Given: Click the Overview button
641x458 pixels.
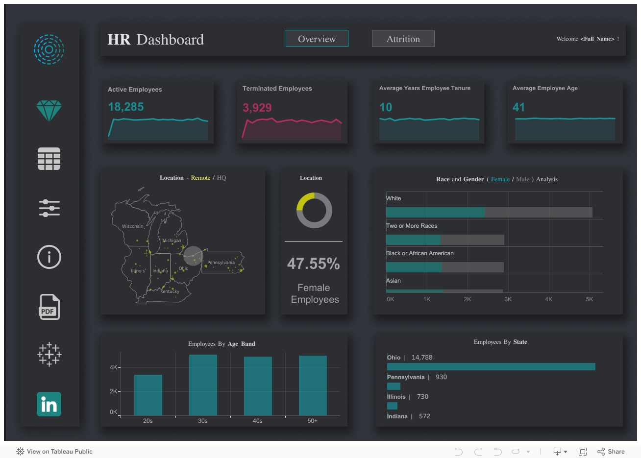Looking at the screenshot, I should [x=317, y=39].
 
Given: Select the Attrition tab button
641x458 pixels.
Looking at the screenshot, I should [x=403, y=39].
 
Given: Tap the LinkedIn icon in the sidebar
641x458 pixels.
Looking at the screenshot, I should [x=49, y=404].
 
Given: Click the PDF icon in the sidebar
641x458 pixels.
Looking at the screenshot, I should [x=49, y=307].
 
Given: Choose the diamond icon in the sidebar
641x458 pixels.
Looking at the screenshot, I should [x=49, y=111].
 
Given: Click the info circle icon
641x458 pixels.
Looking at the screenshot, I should [x=49, y=257].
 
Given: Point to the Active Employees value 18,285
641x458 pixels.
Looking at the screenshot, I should [x=126, y=107].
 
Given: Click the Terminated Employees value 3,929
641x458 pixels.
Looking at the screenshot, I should [x=257, y=108].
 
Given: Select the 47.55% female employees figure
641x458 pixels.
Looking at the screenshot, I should [x=314, y=264].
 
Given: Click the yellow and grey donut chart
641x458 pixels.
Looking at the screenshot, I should [x=314, y=211].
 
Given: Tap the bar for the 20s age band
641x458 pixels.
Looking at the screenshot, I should [x=148, y=395].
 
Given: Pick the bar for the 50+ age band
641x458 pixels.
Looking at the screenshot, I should [x=313, y=385].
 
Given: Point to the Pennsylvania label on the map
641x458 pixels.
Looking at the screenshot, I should [x=221, y=263].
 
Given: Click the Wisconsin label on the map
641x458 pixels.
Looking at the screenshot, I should [x=132, y=226].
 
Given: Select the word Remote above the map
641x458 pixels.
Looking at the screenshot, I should [x=200, y=178].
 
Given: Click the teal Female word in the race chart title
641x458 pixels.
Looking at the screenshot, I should [x=500, y=179].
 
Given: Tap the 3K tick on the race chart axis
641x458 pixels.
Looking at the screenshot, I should [x=508, y=299].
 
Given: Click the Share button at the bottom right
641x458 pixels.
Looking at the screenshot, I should [x=611, y=452].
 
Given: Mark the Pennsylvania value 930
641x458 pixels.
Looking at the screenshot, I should [x=441, y=377].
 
